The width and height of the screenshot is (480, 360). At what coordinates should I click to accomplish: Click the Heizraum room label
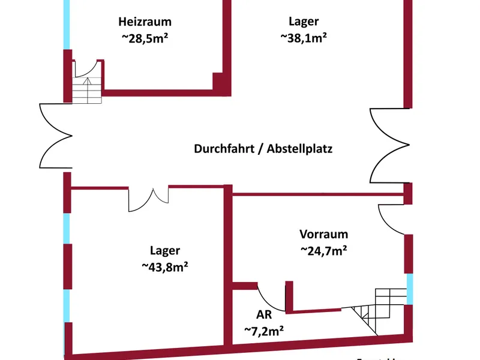tap(145, 22)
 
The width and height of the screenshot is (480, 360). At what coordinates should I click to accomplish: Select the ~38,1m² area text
tap(304, 37)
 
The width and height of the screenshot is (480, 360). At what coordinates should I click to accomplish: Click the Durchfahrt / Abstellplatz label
tap(263, 149)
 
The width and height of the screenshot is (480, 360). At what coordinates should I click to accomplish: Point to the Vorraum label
tap(323, 235)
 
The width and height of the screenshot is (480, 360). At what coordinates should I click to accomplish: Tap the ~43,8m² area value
tap(165, 267)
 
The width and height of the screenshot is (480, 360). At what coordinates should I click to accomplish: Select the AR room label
tap(263, 313)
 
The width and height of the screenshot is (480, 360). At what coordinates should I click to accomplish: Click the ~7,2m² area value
tap(263, 329)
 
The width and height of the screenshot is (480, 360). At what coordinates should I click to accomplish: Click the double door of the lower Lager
tap(149, 199)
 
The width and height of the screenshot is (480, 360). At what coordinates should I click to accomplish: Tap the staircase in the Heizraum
tap(88, 89)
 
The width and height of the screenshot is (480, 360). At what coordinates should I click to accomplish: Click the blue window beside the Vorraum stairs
tap(410, 289)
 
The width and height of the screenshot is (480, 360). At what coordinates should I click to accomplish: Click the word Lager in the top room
tap(304, 22)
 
